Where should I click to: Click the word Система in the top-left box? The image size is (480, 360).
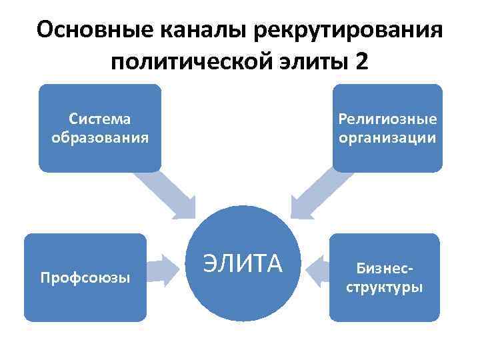click(x=100, y=119)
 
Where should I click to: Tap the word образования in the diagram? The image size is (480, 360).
click(x=100, y=138)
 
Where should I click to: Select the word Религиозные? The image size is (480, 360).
click(x=387, y=119)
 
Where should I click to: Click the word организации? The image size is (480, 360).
click(x=387, y=138)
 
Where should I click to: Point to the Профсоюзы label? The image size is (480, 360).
click(x=85, y=277)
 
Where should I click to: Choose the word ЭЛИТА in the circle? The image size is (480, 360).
click(x=243, y=264)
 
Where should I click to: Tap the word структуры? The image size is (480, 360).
click(x=385, y=288)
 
